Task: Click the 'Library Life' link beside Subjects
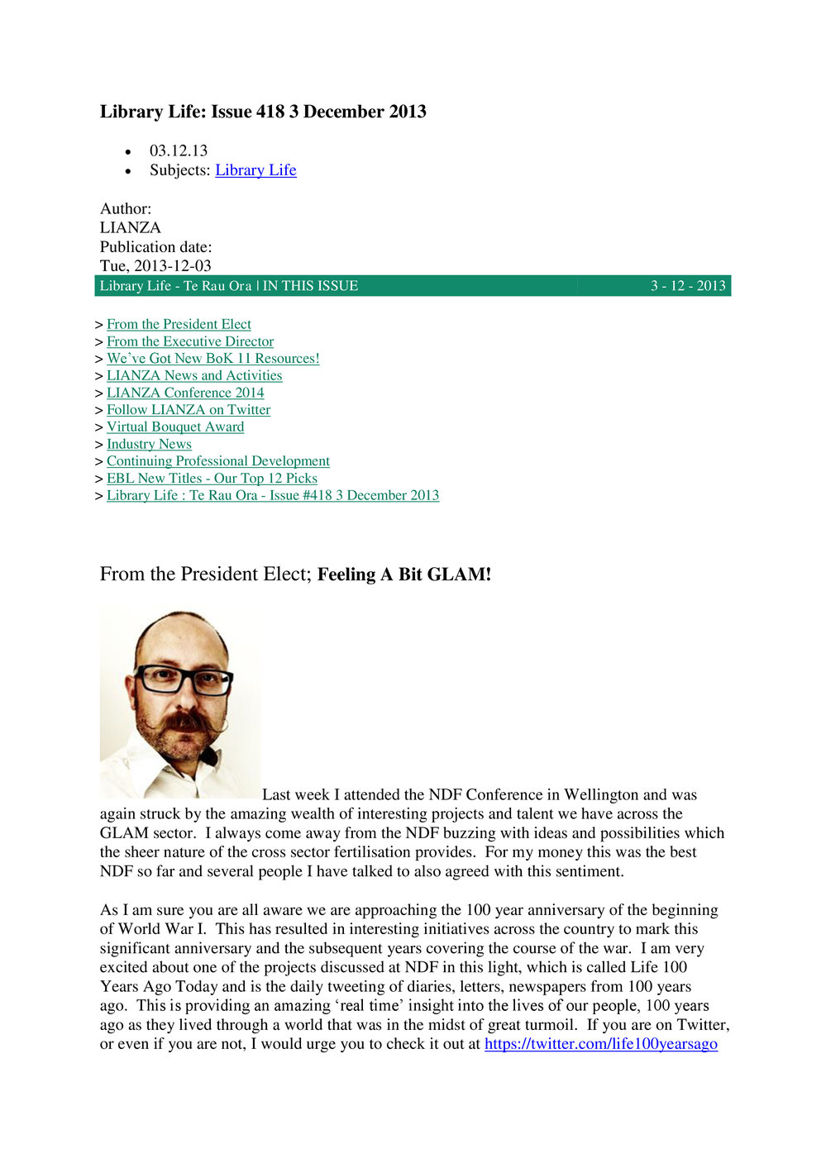255,170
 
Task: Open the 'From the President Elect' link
179,325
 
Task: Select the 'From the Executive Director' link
190,341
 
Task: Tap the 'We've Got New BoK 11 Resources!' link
212,359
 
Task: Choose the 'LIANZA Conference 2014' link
185,393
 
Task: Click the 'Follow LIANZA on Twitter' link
189,410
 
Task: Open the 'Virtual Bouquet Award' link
175,427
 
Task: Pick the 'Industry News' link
149,444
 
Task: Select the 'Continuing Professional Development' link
218,461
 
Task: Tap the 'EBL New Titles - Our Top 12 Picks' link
212,479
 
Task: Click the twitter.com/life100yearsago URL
600,1044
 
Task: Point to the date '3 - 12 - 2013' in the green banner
688,286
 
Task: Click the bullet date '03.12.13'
179,151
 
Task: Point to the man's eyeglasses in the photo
184,679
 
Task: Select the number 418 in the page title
270,112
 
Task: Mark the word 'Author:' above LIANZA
126,209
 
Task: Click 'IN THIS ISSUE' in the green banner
310,286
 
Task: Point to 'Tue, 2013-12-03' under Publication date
155,266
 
